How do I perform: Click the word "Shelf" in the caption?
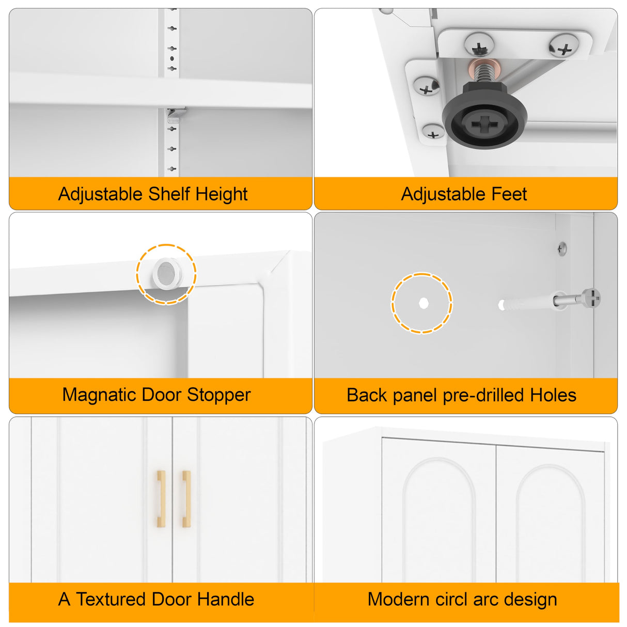[x=169, y=194]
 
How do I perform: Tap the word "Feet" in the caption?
[x=509, y=194]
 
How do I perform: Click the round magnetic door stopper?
[x=166, y=274]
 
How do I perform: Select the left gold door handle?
[x=161, y=499]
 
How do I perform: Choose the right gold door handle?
[x=186, y=499]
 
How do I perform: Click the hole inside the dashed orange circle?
[x=424, y=303]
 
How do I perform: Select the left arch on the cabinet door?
[x=439, y=521]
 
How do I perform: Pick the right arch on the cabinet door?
[x=551, y=524]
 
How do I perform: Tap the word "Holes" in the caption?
[x=553, y=396]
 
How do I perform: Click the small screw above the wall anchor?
[x=562, y=249]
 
